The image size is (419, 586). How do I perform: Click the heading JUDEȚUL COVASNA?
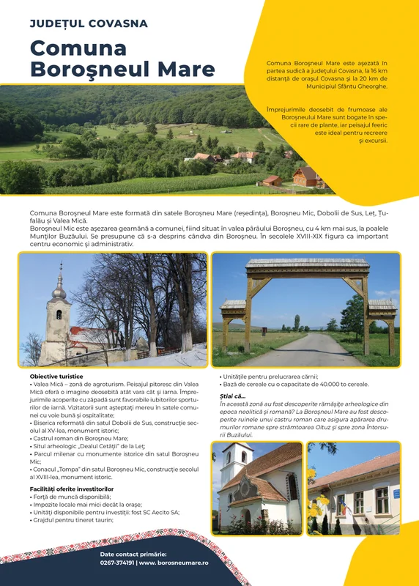tap(89, 23)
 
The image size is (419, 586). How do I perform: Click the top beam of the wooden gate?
tap(307, 264)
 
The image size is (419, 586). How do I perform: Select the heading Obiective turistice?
tap(56, 377)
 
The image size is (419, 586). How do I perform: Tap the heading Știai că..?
tap(233, 396)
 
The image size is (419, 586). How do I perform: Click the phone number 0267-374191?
tap(116, 563)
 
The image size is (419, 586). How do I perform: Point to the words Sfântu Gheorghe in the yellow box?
tap(361, 86)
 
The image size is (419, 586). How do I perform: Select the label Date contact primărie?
tap(133, 554)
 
